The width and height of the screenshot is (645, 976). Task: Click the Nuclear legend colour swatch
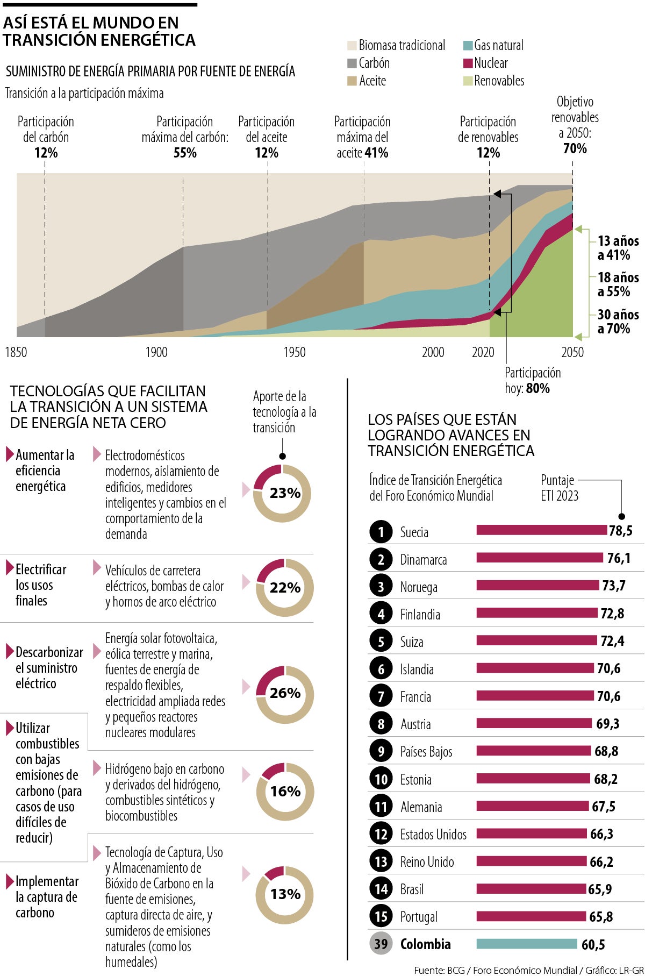468,63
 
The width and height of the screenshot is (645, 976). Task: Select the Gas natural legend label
498,46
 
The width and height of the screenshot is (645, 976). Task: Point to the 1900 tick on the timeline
156,352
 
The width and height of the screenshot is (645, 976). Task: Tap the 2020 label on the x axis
483,352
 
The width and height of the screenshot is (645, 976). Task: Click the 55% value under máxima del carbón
185,153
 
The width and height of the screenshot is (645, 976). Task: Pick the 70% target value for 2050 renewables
575,148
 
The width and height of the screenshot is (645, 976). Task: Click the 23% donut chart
282,493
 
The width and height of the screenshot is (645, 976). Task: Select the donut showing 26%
284,693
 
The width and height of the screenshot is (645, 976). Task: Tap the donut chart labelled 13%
284,895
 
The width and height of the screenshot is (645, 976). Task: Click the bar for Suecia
541,531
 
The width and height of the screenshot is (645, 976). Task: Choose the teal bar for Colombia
526,944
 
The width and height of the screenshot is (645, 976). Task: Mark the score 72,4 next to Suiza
612,641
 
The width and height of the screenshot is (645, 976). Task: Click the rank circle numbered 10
381,779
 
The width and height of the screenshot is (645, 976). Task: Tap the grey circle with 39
381,944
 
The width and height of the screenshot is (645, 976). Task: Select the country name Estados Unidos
433,835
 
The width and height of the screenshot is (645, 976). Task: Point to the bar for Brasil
531,889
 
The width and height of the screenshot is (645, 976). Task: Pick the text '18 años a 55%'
618,284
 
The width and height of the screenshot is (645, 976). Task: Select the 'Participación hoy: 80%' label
532,381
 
